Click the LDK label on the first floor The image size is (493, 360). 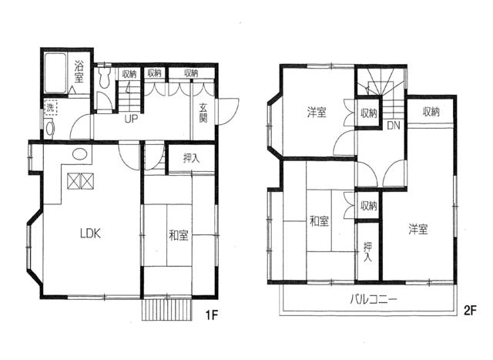(90, 234)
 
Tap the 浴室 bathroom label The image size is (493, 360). (79, 72)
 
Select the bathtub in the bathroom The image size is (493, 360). (55, 73)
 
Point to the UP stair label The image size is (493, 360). (131, 119)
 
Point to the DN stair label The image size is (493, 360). (394, 126)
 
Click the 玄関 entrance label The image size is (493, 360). (203, 113)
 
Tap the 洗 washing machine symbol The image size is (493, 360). (50, 108)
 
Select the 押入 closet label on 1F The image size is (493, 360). (192, 158)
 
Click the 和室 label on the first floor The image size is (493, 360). (179, 235)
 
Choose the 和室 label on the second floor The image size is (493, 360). (320, 220)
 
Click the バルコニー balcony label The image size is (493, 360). (374, 298)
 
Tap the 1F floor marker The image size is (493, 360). (212, 315)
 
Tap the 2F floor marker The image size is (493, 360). (471, 311)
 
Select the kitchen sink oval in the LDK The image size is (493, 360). (80, 154)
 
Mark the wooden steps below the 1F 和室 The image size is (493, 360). (167, 309)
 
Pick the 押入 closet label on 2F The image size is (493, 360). (368, 251)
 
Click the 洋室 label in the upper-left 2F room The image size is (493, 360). (317, 113)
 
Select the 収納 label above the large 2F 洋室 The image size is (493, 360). (431, 112)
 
